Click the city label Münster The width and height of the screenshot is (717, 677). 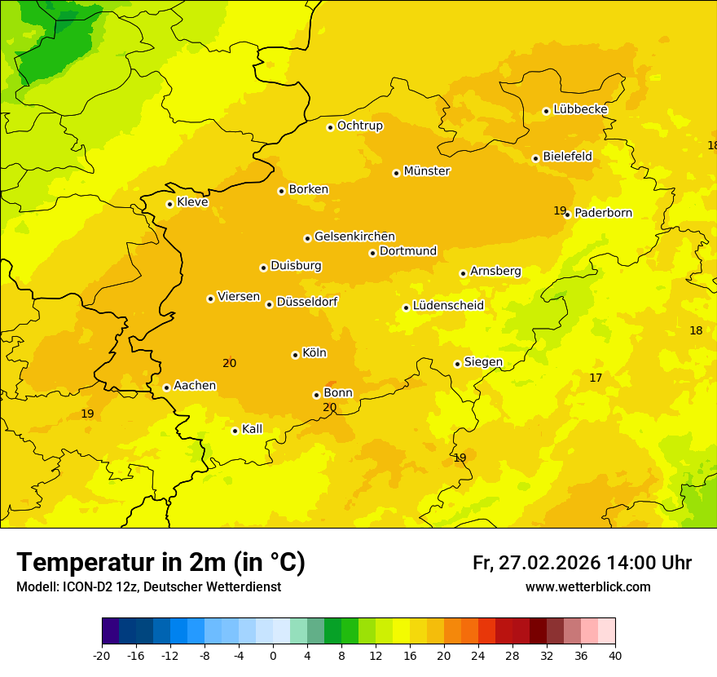click(x=427, y=171)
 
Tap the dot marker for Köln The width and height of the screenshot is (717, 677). click(x=295, y=355)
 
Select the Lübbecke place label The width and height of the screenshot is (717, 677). click(x=580, y=109)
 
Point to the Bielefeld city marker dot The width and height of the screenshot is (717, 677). click(x=535, y=158)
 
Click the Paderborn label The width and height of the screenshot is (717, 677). click(x=603, y=213)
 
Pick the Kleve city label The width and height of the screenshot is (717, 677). click(x=192, y=202)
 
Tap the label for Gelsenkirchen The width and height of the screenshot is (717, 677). click(x=354, y=237)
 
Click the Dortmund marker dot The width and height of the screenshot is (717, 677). click(x=372, y=253)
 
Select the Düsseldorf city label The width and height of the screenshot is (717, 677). click(x=306, y=302)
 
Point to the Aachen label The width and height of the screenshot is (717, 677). click(x=195, y=386)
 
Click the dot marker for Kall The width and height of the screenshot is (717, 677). click(x=235, y=431)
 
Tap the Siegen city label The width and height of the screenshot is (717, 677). click(x=483, y=362)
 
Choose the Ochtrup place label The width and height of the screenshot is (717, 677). click(x=359, y=126)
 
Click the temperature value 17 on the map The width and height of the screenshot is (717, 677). click(x=596, y=378)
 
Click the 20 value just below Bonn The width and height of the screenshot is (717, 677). click(x=329, y=408)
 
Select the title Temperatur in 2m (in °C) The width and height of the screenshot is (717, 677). click(x=161, y=563)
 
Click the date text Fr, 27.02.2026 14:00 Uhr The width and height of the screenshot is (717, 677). click(x=582, y=563)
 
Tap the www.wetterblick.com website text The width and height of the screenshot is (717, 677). click(x=587, y=587)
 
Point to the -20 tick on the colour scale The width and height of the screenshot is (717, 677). click(x=102, y=655)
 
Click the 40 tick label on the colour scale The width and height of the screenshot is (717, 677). click(x=615, y=655)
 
